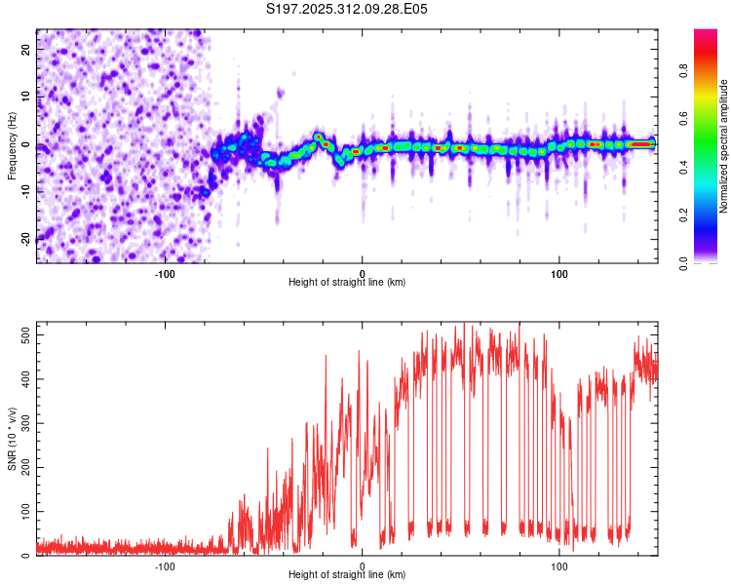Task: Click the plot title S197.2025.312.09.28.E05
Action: [x=347, y=9]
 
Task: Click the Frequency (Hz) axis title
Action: [x=12, y=145]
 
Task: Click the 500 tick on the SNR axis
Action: [x=23, y=334]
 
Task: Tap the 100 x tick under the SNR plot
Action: [x=559, y=565]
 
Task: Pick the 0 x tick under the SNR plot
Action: [x=363, y=565]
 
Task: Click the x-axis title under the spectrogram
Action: [x=347, y=283]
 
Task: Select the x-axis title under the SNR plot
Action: [x=347, y=575]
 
